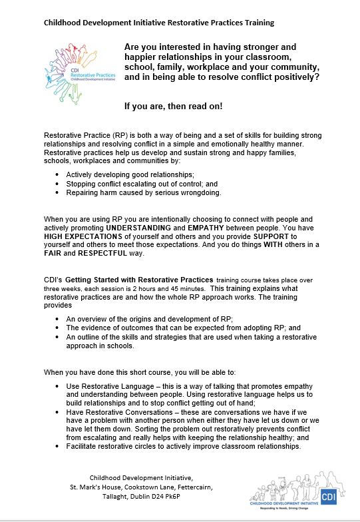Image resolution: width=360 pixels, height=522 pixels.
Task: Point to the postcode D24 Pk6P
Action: pos(195,501)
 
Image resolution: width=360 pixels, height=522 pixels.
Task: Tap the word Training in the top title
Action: pos(256,22)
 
